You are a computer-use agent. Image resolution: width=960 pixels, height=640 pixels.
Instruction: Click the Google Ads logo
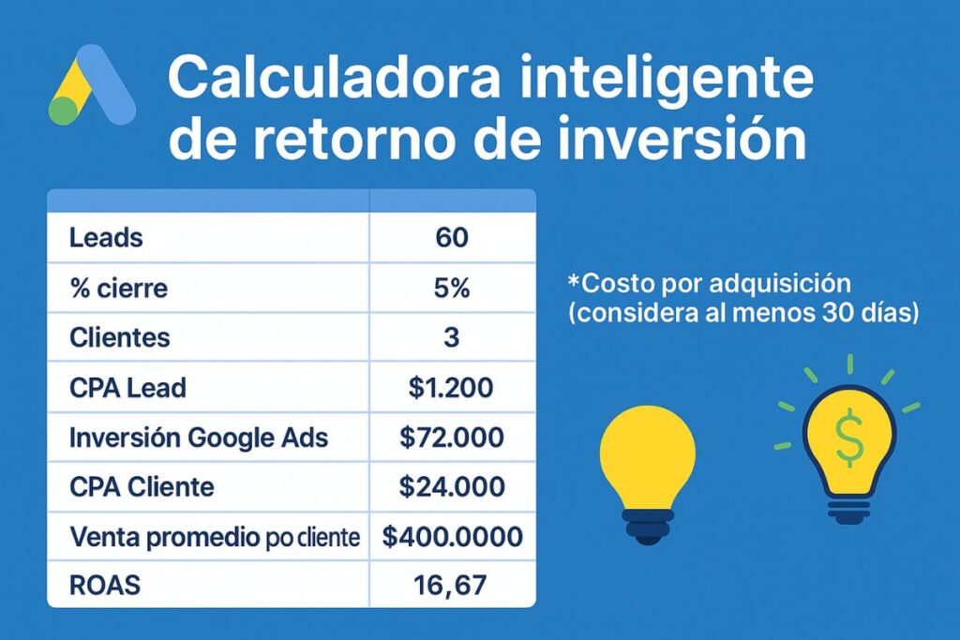pos(91,86)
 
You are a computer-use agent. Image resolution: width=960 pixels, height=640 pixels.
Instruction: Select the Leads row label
pos(106,238)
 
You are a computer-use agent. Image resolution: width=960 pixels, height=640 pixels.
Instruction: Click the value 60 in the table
pos(452,238)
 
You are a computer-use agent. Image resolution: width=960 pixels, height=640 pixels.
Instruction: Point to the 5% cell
pos(452,288)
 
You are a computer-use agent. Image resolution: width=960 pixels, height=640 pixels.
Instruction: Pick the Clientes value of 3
pos(452,337)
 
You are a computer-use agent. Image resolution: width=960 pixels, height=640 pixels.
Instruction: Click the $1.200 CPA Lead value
pos(452,387)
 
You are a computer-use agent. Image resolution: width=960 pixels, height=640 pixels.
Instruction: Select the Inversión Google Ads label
pos(199,437)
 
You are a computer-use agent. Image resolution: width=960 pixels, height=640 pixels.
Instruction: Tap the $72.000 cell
pos(452,437)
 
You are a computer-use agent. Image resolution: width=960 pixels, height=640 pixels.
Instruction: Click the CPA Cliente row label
pos(142,486)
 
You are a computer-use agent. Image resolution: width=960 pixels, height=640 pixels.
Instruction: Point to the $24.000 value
pos(452,486)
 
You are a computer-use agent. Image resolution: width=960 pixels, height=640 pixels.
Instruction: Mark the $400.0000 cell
pos(453,537)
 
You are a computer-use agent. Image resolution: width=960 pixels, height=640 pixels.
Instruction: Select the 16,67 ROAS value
pos(452,587)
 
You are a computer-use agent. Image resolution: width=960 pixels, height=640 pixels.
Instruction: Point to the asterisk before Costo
pos(574,280)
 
